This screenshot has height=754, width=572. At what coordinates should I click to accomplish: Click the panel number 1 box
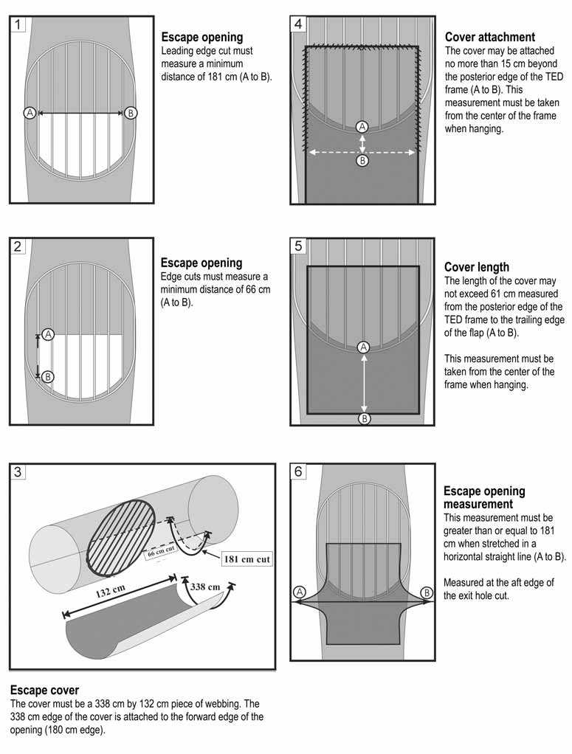click(x=18, y=24)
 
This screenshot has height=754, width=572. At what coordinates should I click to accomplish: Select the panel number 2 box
click(x=18, y=246)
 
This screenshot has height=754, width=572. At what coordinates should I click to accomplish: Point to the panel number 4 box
click(x=298, y=24)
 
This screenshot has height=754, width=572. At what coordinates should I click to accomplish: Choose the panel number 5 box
click(x=298, y=246)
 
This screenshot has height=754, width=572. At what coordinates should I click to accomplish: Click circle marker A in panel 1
click(x=30, y=113)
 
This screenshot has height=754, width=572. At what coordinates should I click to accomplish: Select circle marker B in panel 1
click(x=131, y=113)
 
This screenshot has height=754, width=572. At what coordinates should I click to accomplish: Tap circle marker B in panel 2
click(x=48, y=376)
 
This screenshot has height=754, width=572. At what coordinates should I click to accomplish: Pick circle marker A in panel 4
click(x=362, y=126)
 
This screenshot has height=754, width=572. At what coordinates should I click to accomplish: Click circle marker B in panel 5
click(x=365, y=418)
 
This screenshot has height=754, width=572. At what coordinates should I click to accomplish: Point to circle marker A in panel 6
click(x=300, y=592)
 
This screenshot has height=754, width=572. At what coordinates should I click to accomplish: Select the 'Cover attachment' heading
click(x=490, y=37)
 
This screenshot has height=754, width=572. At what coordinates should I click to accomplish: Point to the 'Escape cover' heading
click(x=44, y=691)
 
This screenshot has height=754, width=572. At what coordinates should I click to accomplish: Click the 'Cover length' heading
click(x=477, y=267)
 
